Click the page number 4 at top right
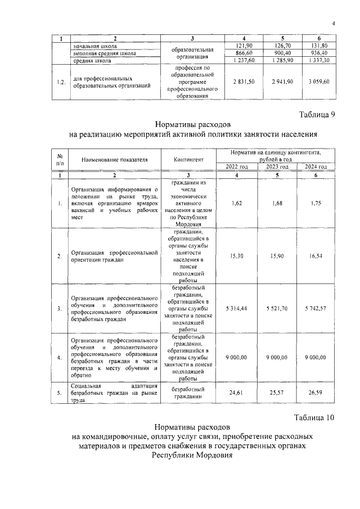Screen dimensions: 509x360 tap(333, 23)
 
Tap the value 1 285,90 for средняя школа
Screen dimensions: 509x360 tap(280, 60)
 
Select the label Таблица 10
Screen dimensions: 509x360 tap(314, 417)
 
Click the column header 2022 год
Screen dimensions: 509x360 tap(237, 167)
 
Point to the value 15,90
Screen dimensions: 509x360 tap(276, 256)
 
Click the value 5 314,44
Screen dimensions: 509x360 tap(237, 309)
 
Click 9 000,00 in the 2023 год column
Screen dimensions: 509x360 tap(276, 357)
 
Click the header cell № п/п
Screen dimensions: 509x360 tap(59, 160)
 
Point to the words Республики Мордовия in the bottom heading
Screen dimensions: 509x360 tap(191, 456)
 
